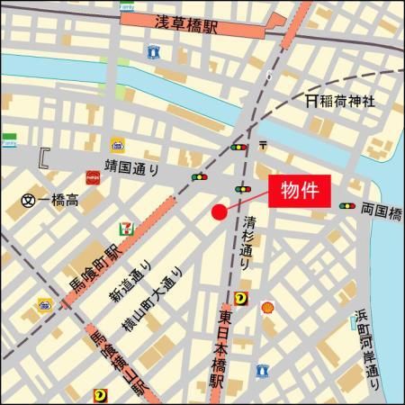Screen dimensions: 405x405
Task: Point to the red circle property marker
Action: pos(219,211)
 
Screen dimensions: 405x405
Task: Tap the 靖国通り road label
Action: pos(132,166)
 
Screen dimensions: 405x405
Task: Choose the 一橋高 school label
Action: pos(58,200)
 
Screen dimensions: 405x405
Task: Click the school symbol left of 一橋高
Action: pos(28,200)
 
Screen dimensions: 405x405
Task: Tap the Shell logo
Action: pos(266,308)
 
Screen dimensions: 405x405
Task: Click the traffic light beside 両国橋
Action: pos(346,207)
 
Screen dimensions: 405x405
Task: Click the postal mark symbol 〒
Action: pos(262,144)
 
